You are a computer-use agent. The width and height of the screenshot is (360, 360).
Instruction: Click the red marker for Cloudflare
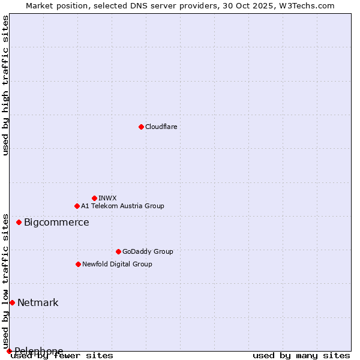click(141, 127)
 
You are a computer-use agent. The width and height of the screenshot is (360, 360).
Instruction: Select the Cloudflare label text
click(161, 127)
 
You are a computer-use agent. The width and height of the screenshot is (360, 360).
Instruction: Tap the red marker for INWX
click(94, 198)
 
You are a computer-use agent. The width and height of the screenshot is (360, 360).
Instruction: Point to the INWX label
click(107, 198)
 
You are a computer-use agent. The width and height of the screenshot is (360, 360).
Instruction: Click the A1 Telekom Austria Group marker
click(77, 206)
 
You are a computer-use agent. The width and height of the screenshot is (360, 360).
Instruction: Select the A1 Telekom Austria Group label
click(122, 206)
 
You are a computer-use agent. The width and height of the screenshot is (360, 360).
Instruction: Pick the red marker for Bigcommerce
click(19, 222)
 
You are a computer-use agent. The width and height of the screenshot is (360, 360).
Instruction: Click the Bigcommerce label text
click(56, 223)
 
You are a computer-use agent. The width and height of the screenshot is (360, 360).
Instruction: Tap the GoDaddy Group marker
click(118, 251)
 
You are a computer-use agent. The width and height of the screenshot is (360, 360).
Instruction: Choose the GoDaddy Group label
click(148, 251)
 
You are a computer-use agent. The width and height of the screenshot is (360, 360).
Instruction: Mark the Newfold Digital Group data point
click(78, 264)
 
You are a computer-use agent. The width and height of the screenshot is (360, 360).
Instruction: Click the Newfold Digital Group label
click(117, 264)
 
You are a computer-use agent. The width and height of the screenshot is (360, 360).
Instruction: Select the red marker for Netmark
click(12, 302)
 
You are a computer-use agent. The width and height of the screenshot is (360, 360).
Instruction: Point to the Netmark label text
click(38, 303)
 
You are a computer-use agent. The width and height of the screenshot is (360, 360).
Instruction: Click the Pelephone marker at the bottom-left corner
click(9, 351)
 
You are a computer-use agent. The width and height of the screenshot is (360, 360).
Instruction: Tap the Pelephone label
click(39, 351)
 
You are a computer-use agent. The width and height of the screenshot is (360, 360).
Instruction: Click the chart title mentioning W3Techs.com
click(180, 5)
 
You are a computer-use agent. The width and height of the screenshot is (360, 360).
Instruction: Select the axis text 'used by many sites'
click(301, 356)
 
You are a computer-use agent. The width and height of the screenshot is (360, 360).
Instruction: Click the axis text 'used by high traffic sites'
click(5, 85)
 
